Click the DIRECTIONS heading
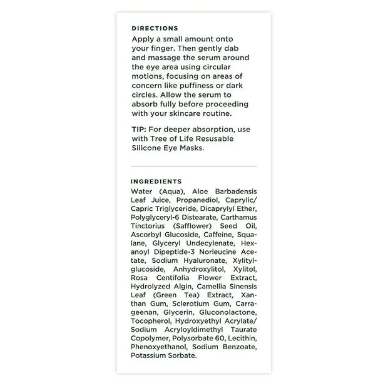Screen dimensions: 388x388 [x=155, y=28]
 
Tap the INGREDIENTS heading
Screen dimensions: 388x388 [x=156, y=181]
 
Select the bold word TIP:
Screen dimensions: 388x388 [x=139, y=129]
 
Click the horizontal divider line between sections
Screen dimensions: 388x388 [x=194, y=166]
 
